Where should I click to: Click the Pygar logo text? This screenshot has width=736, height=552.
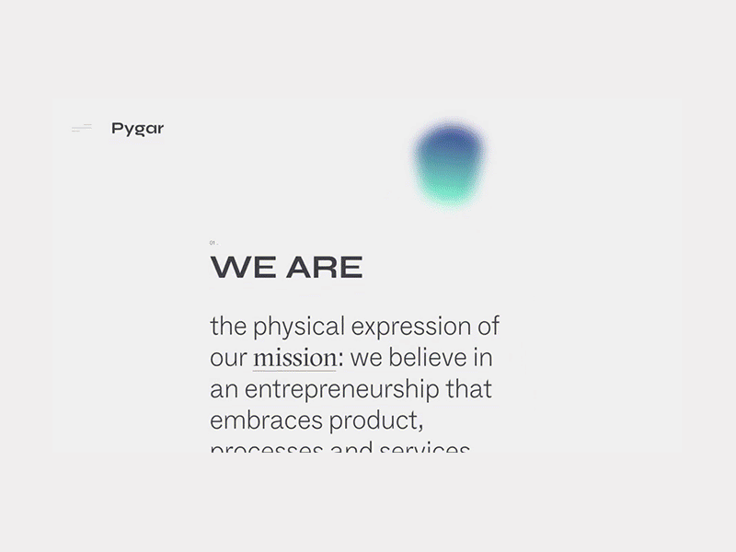click(137, 129)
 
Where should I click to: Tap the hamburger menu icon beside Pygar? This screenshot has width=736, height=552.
click(82, 129)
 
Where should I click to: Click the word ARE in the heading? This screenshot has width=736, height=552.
click(324, 268)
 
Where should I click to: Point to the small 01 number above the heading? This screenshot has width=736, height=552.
click(213, 243)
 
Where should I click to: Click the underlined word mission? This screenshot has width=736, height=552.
click(294, 358)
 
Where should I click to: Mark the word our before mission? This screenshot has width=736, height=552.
click(228, 358)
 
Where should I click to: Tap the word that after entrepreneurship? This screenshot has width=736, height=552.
click(469, 389)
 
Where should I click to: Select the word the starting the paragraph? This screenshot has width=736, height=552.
click(228, 327)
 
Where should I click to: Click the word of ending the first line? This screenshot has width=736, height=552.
click(489, 327)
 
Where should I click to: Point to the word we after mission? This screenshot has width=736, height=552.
click(366, 358)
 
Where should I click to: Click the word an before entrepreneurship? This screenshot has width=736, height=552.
click(224, 389)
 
